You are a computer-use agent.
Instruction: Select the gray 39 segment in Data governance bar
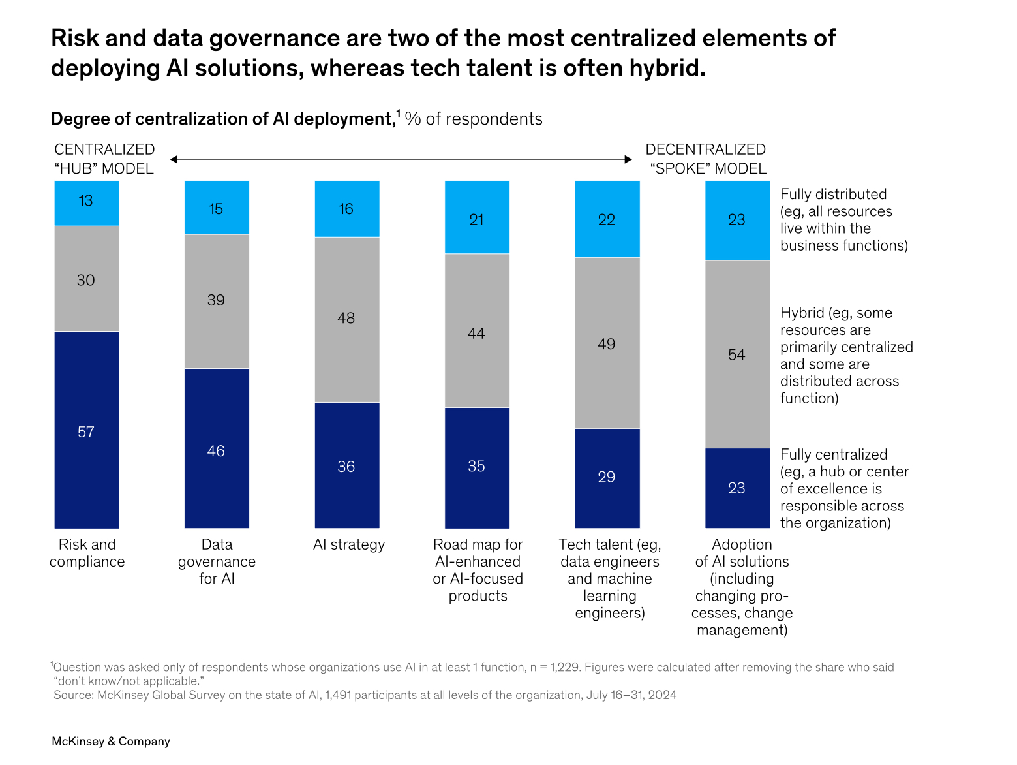216,301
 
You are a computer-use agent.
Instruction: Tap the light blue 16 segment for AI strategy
346,209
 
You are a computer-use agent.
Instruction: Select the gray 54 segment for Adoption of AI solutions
737,354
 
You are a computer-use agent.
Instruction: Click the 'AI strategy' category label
349,545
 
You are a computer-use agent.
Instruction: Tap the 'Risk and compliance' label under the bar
87,553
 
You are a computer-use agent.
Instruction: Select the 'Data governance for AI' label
217,561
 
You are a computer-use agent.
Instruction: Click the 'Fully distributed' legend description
843,220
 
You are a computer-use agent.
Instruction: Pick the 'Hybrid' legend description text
846,356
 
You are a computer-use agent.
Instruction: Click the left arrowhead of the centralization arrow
174,159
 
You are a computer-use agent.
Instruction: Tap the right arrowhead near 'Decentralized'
628,159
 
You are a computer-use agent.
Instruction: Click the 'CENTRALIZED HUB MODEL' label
104,159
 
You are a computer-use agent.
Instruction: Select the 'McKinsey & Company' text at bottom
111,742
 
